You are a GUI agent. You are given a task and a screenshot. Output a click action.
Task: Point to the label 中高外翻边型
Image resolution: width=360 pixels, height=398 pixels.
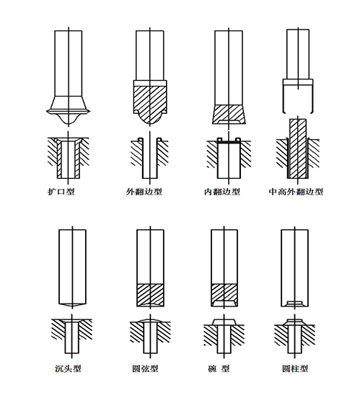296,192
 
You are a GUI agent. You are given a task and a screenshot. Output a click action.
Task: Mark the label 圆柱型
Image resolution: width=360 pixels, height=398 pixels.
296,368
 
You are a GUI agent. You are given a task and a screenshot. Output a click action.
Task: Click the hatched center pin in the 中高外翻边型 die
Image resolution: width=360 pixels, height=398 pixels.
298,148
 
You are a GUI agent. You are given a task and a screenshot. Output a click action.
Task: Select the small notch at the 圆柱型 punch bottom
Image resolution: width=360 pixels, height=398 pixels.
296,302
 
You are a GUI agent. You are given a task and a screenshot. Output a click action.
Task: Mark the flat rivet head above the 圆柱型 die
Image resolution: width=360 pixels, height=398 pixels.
296,321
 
